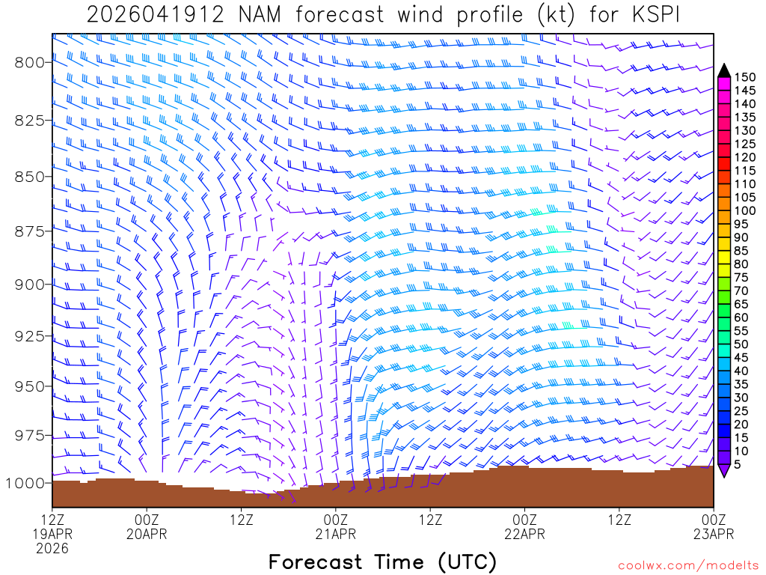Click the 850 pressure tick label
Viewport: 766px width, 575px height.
28,177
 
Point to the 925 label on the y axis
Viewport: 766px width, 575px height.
28,335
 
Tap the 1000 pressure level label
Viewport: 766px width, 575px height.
25,483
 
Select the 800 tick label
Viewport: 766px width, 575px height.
28,63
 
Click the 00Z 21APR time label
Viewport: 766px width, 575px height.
335,526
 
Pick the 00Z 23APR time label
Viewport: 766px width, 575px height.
714,526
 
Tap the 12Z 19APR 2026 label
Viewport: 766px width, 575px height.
52,533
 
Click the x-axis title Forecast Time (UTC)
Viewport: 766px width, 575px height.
382,562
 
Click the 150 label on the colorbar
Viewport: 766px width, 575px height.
744,77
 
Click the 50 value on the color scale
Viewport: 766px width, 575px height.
741,344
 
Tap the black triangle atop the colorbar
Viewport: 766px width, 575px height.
724,70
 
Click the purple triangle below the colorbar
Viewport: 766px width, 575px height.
724,471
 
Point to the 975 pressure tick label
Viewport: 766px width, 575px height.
28,436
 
